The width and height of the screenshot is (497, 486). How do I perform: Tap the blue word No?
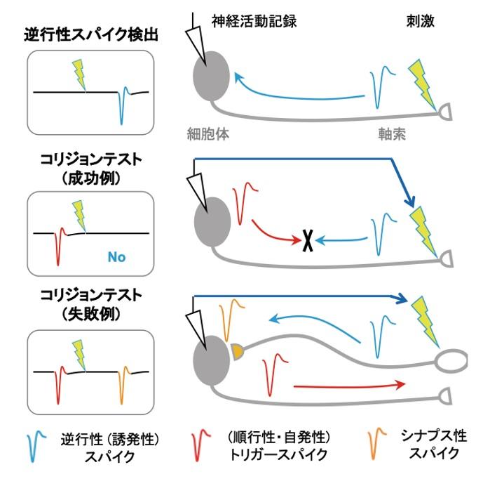pos(116,257)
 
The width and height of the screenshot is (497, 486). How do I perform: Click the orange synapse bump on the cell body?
pos(237,350)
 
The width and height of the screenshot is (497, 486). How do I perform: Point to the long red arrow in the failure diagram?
pos(349,385)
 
